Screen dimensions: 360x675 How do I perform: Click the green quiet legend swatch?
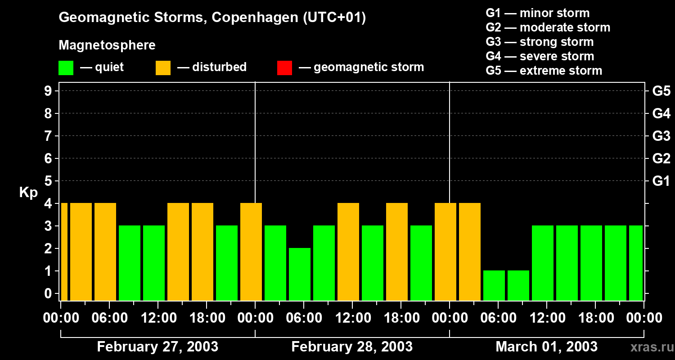pos(66,67)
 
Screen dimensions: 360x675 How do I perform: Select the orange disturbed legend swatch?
pos(163,67)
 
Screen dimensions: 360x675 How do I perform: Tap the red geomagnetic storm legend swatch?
pos(284,67)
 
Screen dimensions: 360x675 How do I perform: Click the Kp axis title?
pos(28,192)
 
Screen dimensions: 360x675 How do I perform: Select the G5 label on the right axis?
pos(661,91)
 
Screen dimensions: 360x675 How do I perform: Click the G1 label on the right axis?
pos(661,181)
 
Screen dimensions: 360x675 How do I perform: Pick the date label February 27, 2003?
pos(157,346)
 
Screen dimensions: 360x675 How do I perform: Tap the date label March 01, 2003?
pos(546,346)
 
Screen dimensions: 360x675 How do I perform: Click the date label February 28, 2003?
pos(352,346)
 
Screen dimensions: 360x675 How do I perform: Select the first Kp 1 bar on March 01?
pos(494,285)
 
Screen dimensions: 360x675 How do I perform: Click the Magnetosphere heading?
pos(107,45)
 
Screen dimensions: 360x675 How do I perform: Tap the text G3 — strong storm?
pos(540,42)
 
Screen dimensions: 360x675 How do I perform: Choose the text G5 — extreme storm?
pos(544,71)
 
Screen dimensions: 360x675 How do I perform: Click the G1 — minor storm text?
pos(537,13)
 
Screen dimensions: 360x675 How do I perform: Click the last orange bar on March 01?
pos(470,252)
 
